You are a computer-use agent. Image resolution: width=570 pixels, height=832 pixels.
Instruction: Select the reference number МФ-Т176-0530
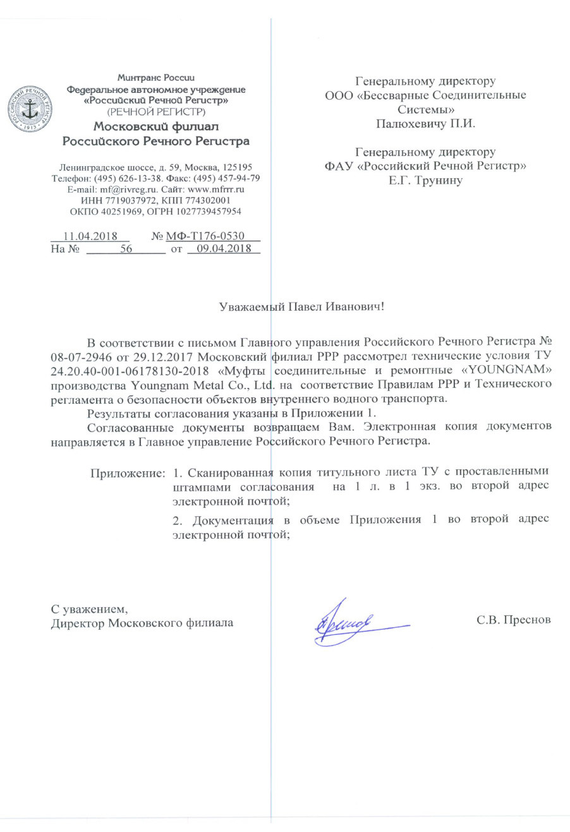(x=205, y=236)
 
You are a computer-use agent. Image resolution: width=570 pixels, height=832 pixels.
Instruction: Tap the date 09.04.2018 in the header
(x=224, y=249)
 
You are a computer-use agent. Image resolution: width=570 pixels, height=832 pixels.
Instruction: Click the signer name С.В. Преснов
(x=513, y=620)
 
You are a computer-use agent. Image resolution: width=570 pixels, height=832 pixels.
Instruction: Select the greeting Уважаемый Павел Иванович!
(x=301, y=307)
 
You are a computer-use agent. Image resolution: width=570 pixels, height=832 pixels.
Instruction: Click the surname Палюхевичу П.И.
(x=425, y=123)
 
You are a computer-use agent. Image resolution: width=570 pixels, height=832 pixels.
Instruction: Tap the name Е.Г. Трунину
(x=425, y=180)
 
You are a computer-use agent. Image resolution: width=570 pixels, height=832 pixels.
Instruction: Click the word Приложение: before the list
(x=128, y=473)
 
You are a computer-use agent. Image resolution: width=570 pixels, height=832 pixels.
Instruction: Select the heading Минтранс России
(x=156, y=78)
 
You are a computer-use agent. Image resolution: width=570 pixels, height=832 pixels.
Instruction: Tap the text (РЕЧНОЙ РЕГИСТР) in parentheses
(x=156, y=112)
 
